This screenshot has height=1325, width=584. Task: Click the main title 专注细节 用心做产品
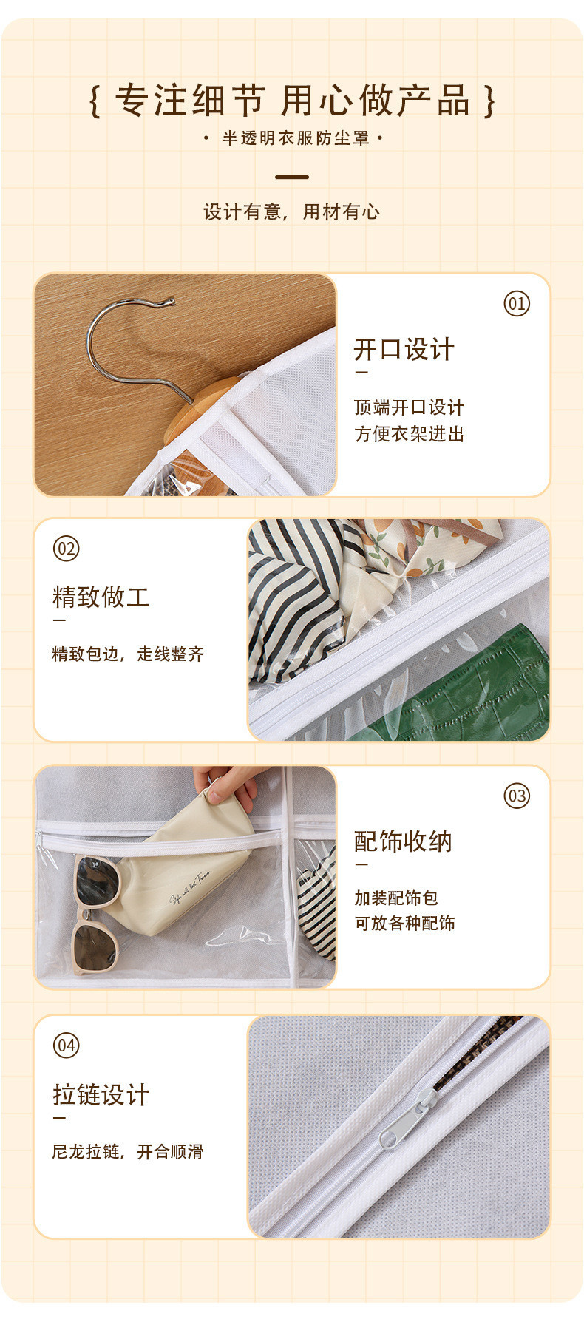click(292, 101)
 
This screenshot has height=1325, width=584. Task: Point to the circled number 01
click(517, 303)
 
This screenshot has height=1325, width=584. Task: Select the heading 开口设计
click(404, 349)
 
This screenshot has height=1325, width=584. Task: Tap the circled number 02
click(67, 549)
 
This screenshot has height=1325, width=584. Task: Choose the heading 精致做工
click(101, 597)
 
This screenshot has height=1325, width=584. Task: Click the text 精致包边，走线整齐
click(128, 654)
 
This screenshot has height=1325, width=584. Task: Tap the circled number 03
click(517, 796)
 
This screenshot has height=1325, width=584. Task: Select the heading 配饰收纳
click(404, 841)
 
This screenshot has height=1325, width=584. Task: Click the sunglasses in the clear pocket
click(96, 913)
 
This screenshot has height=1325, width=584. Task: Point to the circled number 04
click(67, 1046)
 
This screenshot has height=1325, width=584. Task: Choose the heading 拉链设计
click(101, 1095)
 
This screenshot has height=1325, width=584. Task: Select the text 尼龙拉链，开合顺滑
click(128, 1151)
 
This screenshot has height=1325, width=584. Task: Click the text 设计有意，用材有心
click(291, 212)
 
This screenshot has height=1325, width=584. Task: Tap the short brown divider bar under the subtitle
click(292, 177)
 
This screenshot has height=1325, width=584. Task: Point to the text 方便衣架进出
click(409, 434)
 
